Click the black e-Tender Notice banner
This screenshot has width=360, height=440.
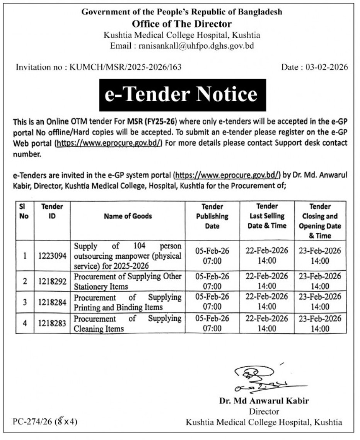pyautogui.click(x=183, y=95)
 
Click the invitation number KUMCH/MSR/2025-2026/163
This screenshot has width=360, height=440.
pyautogui.click(x=125, y=67)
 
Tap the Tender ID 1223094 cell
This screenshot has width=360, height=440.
pyautogui.click(x=52, y=256)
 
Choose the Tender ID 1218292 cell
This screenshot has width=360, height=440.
pyautogui.click(x=52, y=281)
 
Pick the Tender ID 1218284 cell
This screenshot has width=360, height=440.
pyautogui.click(x=52, y=302)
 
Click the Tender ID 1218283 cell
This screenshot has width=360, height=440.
pyautogui.click(x=52, y=323)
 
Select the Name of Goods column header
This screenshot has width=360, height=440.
pyautogui.click(x=128, y=216)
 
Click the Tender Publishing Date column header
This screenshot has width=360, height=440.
pyautogui.click(x=212, y=216)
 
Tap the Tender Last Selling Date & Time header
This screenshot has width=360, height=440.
pyautogui.click(x=267, y=216)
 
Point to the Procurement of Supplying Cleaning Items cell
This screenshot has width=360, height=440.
pyautogui.click(x=128, y=323)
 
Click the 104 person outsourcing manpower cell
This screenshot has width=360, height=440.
pyautogui.click(x=128, y=256)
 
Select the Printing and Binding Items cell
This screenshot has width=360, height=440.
pyautogui.click(x=128, y=302)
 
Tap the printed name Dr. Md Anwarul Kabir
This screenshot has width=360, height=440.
pyautogui.click(x=264, y=401)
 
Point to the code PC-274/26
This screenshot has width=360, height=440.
pyautogui.click(x=33, y=421)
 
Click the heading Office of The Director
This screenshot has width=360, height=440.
pyautogui.click(x=182, y=24)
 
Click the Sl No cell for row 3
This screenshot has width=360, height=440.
pyautogui.click(x=24, y=302)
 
